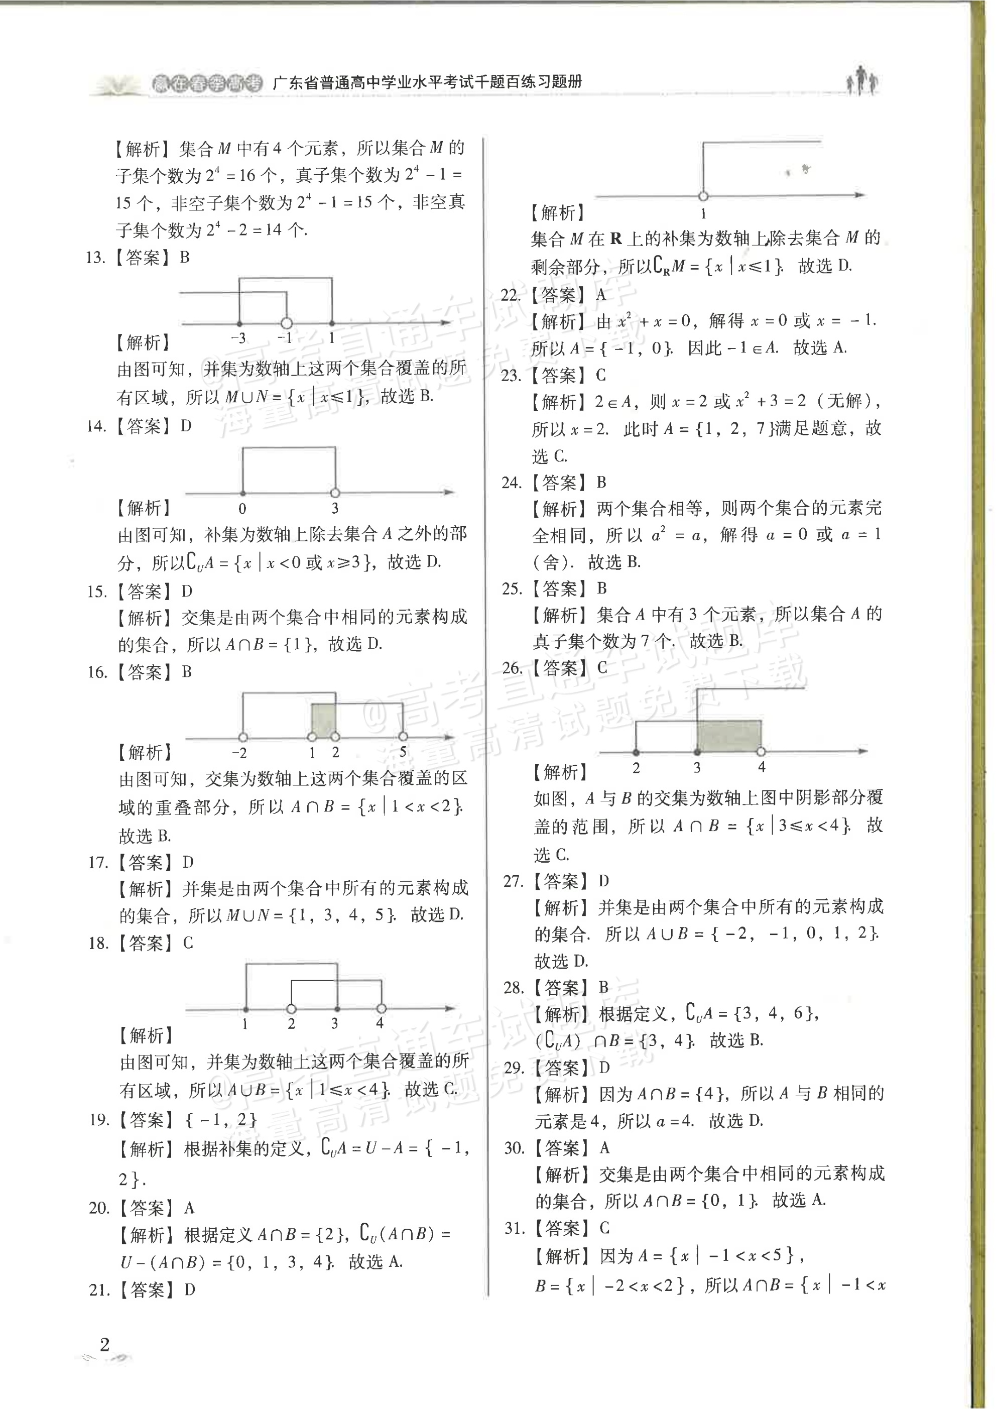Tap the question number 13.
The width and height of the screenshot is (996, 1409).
click(x=96, y=258)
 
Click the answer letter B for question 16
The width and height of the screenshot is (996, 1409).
click(x=187, y=672)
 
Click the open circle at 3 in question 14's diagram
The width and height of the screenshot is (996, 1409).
click(x=335, y=493)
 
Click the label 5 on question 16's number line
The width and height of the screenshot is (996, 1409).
click(x=403, y=752)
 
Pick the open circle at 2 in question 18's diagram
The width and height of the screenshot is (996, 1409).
click(x=292, y=1009)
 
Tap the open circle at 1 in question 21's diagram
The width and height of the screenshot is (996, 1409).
click(x=703, y=196)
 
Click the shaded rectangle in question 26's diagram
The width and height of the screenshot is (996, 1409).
click(x=729, y=735)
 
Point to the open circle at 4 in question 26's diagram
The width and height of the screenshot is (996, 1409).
click(x=761, y=751)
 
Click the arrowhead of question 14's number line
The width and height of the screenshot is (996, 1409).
click(x=449, y=492)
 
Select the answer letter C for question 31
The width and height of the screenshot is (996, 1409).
click(x=604, y=1228)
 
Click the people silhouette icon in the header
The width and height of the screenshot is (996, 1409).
click(x=862, y=80)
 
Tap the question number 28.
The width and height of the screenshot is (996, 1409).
click(x=513, y=987)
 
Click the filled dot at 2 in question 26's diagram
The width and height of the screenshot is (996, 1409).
click(x=637, y=752)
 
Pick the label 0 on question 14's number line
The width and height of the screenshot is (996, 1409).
click(x=242, y=509)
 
